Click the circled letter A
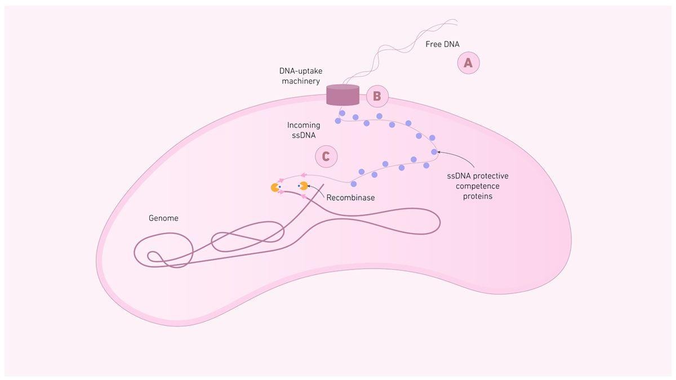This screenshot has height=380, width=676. pyautogui.click(x=468, y=63)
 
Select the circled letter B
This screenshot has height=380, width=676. pyautogui.click(x=377, y=96)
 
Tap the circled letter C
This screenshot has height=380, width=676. pyautogui.click(x=326, y=156)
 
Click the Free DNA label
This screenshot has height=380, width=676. pyautogui.click(x=442, y=44)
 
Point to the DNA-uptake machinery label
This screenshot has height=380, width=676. pyautogui.click(x=300, y=76)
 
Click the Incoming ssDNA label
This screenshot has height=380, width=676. pyautogui.click(x=303, y=130)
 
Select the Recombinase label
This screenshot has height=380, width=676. pyautogui.click(x=350, y=198)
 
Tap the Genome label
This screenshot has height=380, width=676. pyautogui.click(x=163, y=218)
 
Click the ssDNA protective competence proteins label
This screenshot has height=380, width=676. pyautogui.click(x=477, y=186)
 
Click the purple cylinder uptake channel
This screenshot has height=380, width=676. pyautogui.click(x=343, y=95)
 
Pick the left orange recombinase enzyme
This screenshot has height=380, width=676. pyautogui.click(x=275, y=187)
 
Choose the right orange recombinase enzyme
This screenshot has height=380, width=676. pyautogui.click(x=304, y=185)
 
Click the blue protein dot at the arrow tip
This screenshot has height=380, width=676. pyautogui.click(x=434, y=151)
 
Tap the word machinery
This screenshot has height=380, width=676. pyautogui.click(x=300, y=81)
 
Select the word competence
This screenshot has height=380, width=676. pyautogui.click(x=477, y=186)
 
